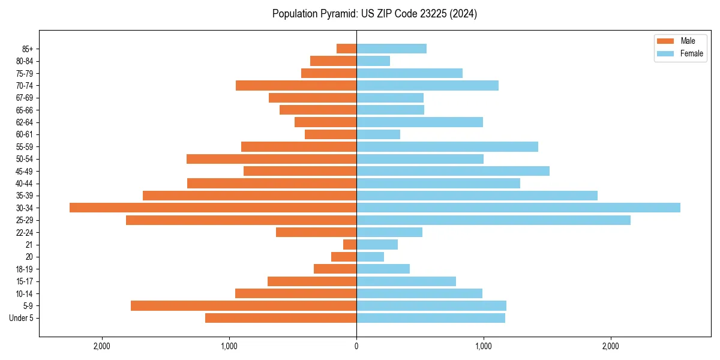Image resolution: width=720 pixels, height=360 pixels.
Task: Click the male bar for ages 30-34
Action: point(213,208)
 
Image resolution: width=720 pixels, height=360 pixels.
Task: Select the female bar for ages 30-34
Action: point(518,208)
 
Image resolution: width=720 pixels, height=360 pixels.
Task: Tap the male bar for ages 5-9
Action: point(244,306)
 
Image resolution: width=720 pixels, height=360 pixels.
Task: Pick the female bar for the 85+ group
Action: point(391,49)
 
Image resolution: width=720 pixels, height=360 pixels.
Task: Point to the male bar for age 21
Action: point(350,245)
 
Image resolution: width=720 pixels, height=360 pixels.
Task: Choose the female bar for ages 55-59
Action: point(447,146)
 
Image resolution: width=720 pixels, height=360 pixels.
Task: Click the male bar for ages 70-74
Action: point(296,85)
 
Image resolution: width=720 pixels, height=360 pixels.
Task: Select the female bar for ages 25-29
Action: point(493,220)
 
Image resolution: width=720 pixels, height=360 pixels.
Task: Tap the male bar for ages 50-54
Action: point(272,159)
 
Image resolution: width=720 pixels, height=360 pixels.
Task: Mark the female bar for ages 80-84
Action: point(373,61)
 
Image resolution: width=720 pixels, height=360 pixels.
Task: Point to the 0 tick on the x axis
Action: point(356,346)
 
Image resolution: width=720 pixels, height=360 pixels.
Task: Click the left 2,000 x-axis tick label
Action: point(102,346)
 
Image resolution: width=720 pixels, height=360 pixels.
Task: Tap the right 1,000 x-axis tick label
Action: point(484,346)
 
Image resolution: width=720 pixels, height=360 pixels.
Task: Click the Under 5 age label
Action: point(21,318)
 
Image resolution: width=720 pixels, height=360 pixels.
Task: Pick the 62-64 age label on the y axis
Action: point(25,122)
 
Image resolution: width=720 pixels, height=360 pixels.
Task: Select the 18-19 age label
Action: point(25,269)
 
